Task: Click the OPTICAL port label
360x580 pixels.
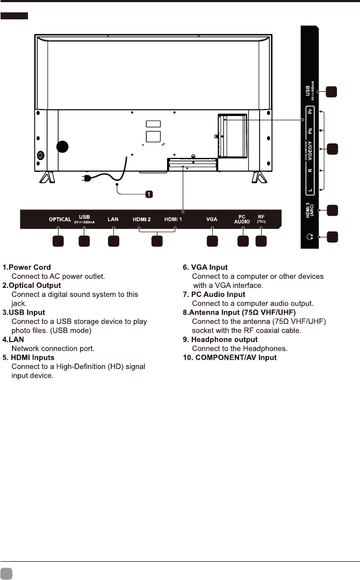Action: pyautogui.click(x=60, y=219)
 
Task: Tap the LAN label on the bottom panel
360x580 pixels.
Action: pyautogui.click(x=113, y=219)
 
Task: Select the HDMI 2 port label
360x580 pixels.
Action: pyautogui.click(x=142, y=219)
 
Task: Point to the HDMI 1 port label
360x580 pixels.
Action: pyautogui.click(x=174, y=219)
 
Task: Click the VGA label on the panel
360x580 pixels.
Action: pyautogui.click(x=212, y=219)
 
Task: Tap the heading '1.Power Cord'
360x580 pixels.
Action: pyautogui.click(x=27, y=267)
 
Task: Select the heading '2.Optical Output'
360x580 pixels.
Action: pyautogui.click(x=32, y=285)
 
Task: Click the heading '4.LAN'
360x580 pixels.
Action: pyautogui.click(x=14, y=339)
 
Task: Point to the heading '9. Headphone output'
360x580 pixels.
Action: pyautogui.click(x=220, y=339)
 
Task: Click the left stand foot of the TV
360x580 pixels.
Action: pyautogui.click(x=47, y=177)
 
